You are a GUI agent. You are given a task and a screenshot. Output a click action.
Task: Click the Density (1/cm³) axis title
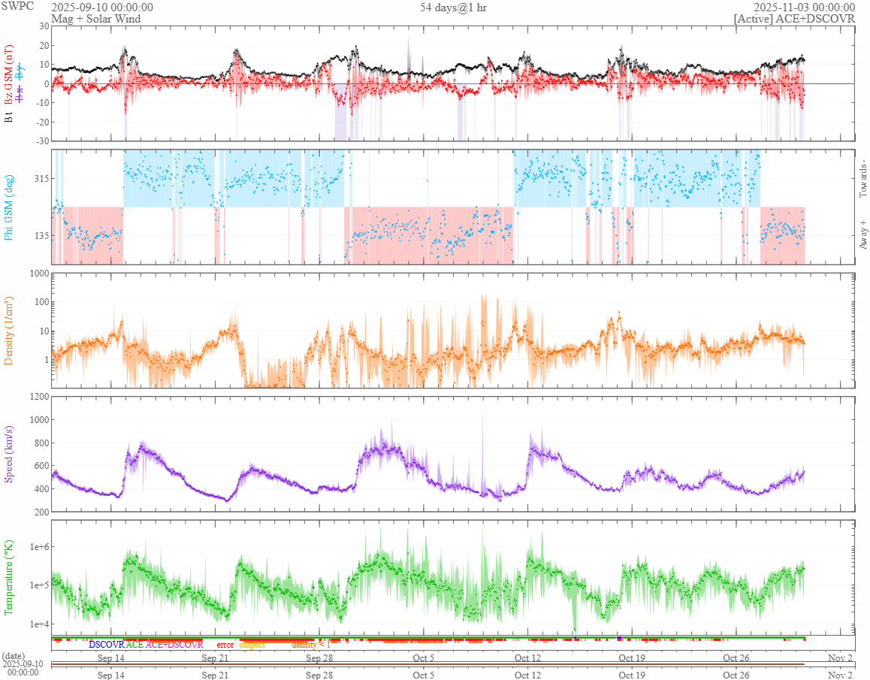[x=9, y=331]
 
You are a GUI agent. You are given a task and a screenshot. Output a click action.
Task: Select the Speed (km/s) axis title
[x=9, y=454]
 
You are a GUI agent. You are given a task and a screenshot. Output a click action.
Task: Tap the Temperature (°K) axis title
[x=9, y=577]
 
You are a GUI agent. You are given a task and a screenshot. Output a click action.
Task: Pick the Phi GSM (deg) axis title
[x=9, y=207]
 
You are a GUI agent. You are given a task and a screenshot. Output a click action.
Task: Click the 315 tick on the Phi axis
[x=38, y=178]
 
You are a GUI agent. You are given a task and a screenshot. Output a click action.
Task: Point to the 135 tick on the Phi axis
[x=38, y=235]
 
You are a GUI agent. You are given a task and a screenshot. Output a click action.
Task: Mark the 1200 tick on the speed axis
[x=36, y=396]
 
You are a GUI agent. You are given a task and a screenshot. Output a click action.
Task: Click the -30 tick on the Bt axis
[x=40, y=141]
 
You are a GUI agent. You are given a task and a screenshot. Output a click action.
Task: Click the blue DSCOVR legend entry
[x=106, y=645]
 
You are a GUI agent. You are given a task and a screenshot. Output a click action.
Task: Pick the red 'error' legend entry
[x=225, y=645]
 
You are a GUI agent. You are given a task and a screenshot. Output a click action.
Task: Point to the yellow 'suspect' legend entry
[x=252, y=645]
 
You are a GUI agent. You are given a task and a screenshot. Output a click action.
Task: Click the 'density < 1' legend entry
[x=310, y=645]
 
